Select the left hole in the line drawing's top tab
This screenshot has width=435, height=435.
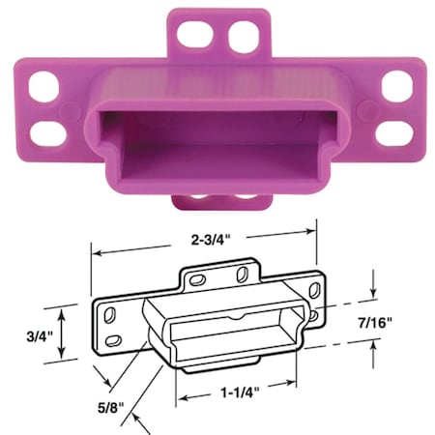click(x=195, y=277)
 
